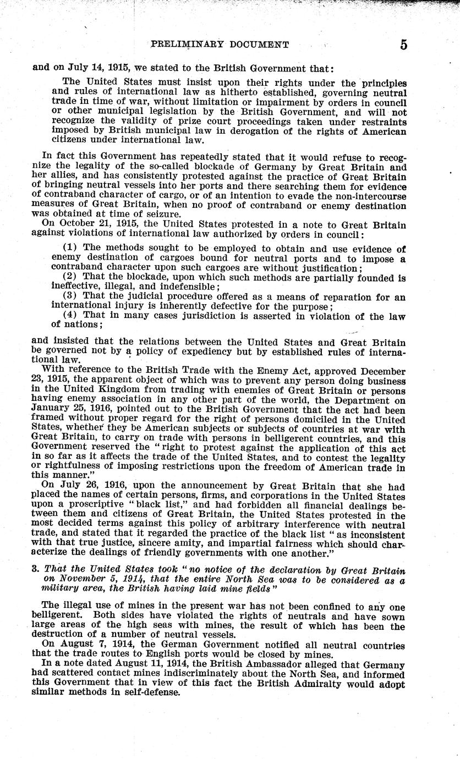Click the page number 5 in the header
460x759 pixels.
click(x=403, y=45)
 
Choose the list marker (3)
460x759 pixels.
click(x=72, y=297)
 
